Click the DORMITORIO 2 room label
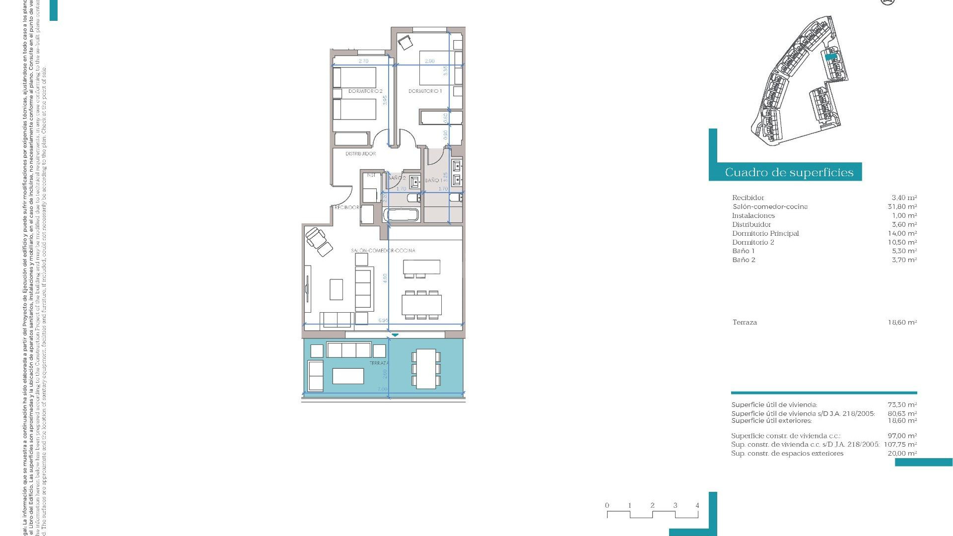(365, 91)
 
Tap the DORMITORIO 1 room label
(425, 91)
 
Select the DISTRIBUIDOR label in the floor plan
(360, 154)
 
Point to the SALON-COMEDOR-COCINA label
(383, 251)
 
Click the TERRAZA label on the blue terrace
(379, 363)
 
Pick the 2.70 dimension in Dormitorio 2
(363, 61)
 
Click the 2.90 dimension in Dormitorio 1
(429, 61)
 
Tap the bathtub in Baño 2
(401, 215)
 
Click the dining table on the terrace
(425, 369)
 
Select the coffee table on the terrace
(348, 376)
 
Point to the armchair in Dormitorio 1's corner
(406, 42)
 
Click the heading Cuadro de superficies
(789, 172)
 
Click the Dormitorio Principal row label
(765, 233)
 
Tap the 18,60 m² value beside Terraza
(902, 322)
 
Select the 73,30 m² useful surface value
(902, 404)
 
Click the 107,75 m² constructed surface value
(900, 444)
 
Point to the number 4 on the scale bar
(697, 505)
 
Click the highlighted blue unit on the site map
(830, 57)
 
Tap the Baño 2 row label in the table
(744, 260)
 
